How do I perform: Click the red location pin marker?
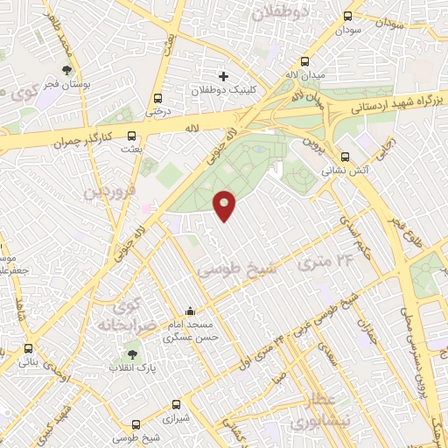[225, 205]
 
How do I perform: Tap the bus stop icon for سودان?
[348, 16]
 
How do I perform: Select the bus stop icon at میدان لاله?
[304, 61]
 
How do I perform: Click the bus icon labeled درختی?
[157, 98]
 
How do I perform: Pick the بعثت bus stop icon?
[132, 136]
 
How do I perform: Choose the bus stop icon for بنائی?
[29, 348]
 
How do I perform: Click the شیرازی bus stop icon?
[177, 404]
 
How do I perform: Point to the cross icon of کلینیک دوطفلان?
[223, 76]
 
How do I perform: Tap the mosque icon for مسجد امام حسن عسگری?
[190, 311]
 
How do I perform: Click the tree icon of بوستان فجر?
[67, 69]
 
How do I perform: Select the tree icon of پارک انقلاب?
[131, 354]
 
